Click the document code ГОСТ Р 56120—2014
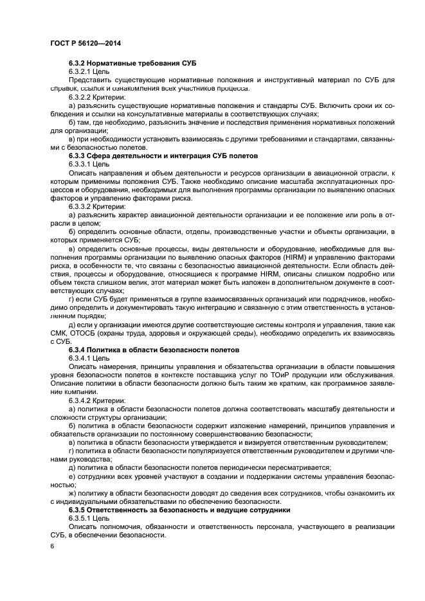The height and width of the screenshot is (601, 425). click(85, 43)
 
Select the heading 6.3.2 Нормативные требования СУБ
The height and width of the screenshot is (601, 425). click(132, 63)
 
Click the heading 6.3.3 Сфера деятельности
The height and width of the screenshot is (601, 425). click(163, 156)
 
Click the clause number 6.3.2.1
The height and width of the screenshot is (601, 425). click(80, 71)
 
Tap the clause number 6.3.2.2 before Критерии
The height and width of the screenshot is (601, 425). click(80, 96)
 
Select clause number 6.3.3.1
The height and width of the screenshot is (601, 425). click(80, 164)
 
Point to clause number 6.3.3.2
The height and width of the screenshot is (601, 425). click(80, 206)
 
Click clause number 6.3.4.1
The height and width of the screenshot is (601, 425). click(80, 357)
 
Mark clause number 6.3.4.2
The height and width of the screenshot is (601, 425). click(80, 400)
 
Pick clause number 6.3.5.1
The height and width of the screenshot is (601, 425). click(80, 517)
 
